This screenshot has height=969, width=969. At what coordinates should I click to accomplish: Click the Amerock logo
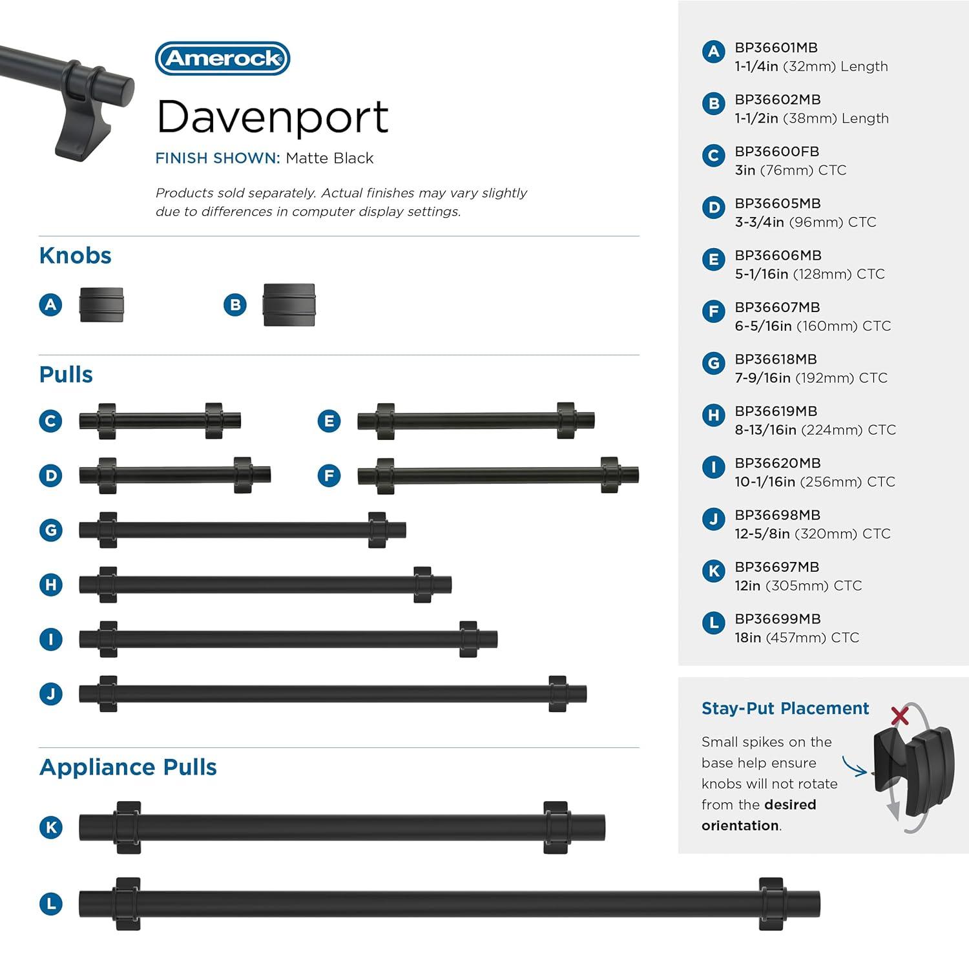click(222, 59)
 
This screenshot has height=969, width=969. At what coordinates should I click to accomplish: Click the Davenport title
click(272, 117)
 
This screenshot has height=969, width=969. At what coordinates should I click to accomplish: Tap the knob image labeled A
click(101, 305)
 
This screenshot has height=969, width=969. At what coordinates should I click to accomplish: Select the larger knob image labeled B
click(289, 305)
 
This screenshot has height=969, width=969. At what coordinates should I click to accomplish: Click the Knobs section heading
click(75, 256)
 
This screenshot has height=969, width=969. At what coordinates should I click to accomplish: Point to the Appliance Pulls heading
click(128, 767)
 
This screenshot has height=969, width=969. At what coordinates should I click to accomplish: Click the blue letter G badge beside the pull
click(50, 530)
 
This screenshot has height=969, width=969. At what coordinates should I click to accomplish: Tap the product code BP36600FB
click(776, 152)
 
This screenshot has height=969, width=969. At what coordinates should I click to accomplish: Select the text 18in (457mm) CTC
click(797, 638)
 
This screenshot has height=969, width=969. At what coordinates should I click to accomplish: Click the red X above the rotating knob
click(899, 716)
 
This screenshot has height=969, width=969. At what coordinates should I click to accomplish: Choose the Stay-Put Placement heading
click(785, 709)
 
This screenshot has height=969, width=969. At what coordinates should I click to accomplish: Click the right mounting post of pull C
click(214, 421)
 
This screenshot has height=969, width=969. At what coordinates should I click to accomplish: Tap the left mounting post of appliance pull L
click(128, 904)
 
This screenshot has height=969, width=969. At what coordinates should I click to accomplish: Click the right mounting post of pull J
click(557, 694)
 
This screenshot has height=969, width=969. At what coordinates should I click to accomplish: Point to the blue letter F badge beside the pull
click(329, 476)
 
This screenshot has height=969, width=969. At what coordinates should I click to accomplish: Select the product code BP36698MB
click(777, 516)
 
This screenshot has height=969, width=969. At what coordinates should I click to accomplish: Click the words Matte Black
click(329, 158)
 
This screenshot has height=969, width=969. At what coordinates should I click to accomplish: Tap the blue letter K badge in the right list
click(713, 570)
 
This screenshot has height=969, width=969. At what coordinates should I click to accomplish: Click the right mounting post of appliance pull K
click(556, 828)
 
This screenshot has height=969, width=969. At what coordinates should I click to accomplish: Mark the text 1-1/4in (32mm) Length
click(811, 67)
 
